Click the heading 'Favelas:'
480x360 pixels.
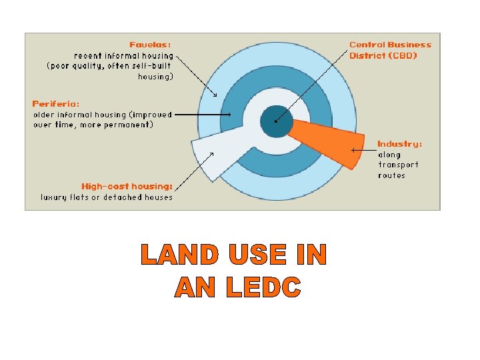coord(149,45)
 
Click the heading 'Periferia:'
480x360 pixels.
coord(55,104)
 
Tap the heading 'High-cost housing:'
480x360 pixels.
coord(127,186)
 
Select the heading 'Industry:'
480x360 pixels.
coord(399,143)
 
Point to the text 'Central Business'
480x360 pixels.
coord(390,45)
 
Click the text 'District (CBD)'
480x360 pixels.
coord(383,55)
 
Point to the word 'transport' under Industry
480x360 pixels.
coord(398,165)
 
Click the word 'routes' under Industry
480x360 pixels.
coord(391,175)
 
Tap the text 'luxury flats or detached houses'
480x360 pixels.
coord(107,197)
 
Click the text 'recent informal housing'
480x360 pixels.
coord(123,56)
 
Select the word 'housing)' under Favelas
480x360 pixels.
coord(155,77)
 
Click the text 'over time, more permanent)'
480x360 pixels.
coord(93,125)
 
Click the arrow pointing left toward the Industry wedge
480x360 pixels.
coord(363,151)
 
